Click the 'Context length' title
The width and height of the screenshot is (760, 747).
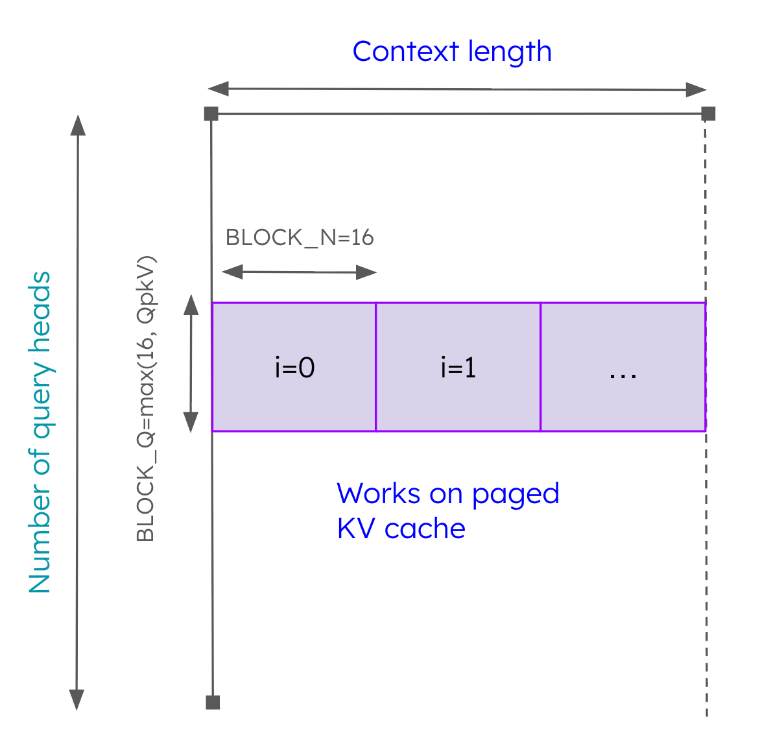451,52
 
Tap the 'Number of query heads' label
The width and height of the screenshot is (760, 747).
40,432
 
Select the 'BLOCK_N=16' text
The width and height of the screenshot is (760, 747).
300,238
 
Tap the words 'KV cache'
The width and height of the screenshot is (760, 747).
401,529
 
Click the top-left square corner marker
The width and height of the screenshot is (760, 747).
211,114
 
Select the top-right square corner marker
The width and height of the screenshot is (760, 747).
708,114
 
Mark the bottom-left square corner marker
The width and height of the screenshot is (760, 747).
213,702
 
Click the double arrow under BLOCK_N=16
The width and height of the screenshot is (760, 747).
299,272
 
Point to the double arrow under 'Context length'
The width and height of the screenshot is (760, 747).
457,89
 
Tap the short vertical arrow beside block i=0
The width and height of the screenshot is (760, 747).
191,363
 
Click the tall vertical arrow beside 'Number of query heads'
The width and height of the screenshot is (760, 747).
78,412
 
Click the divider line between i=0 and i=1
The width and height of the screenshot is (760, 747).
376,367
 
